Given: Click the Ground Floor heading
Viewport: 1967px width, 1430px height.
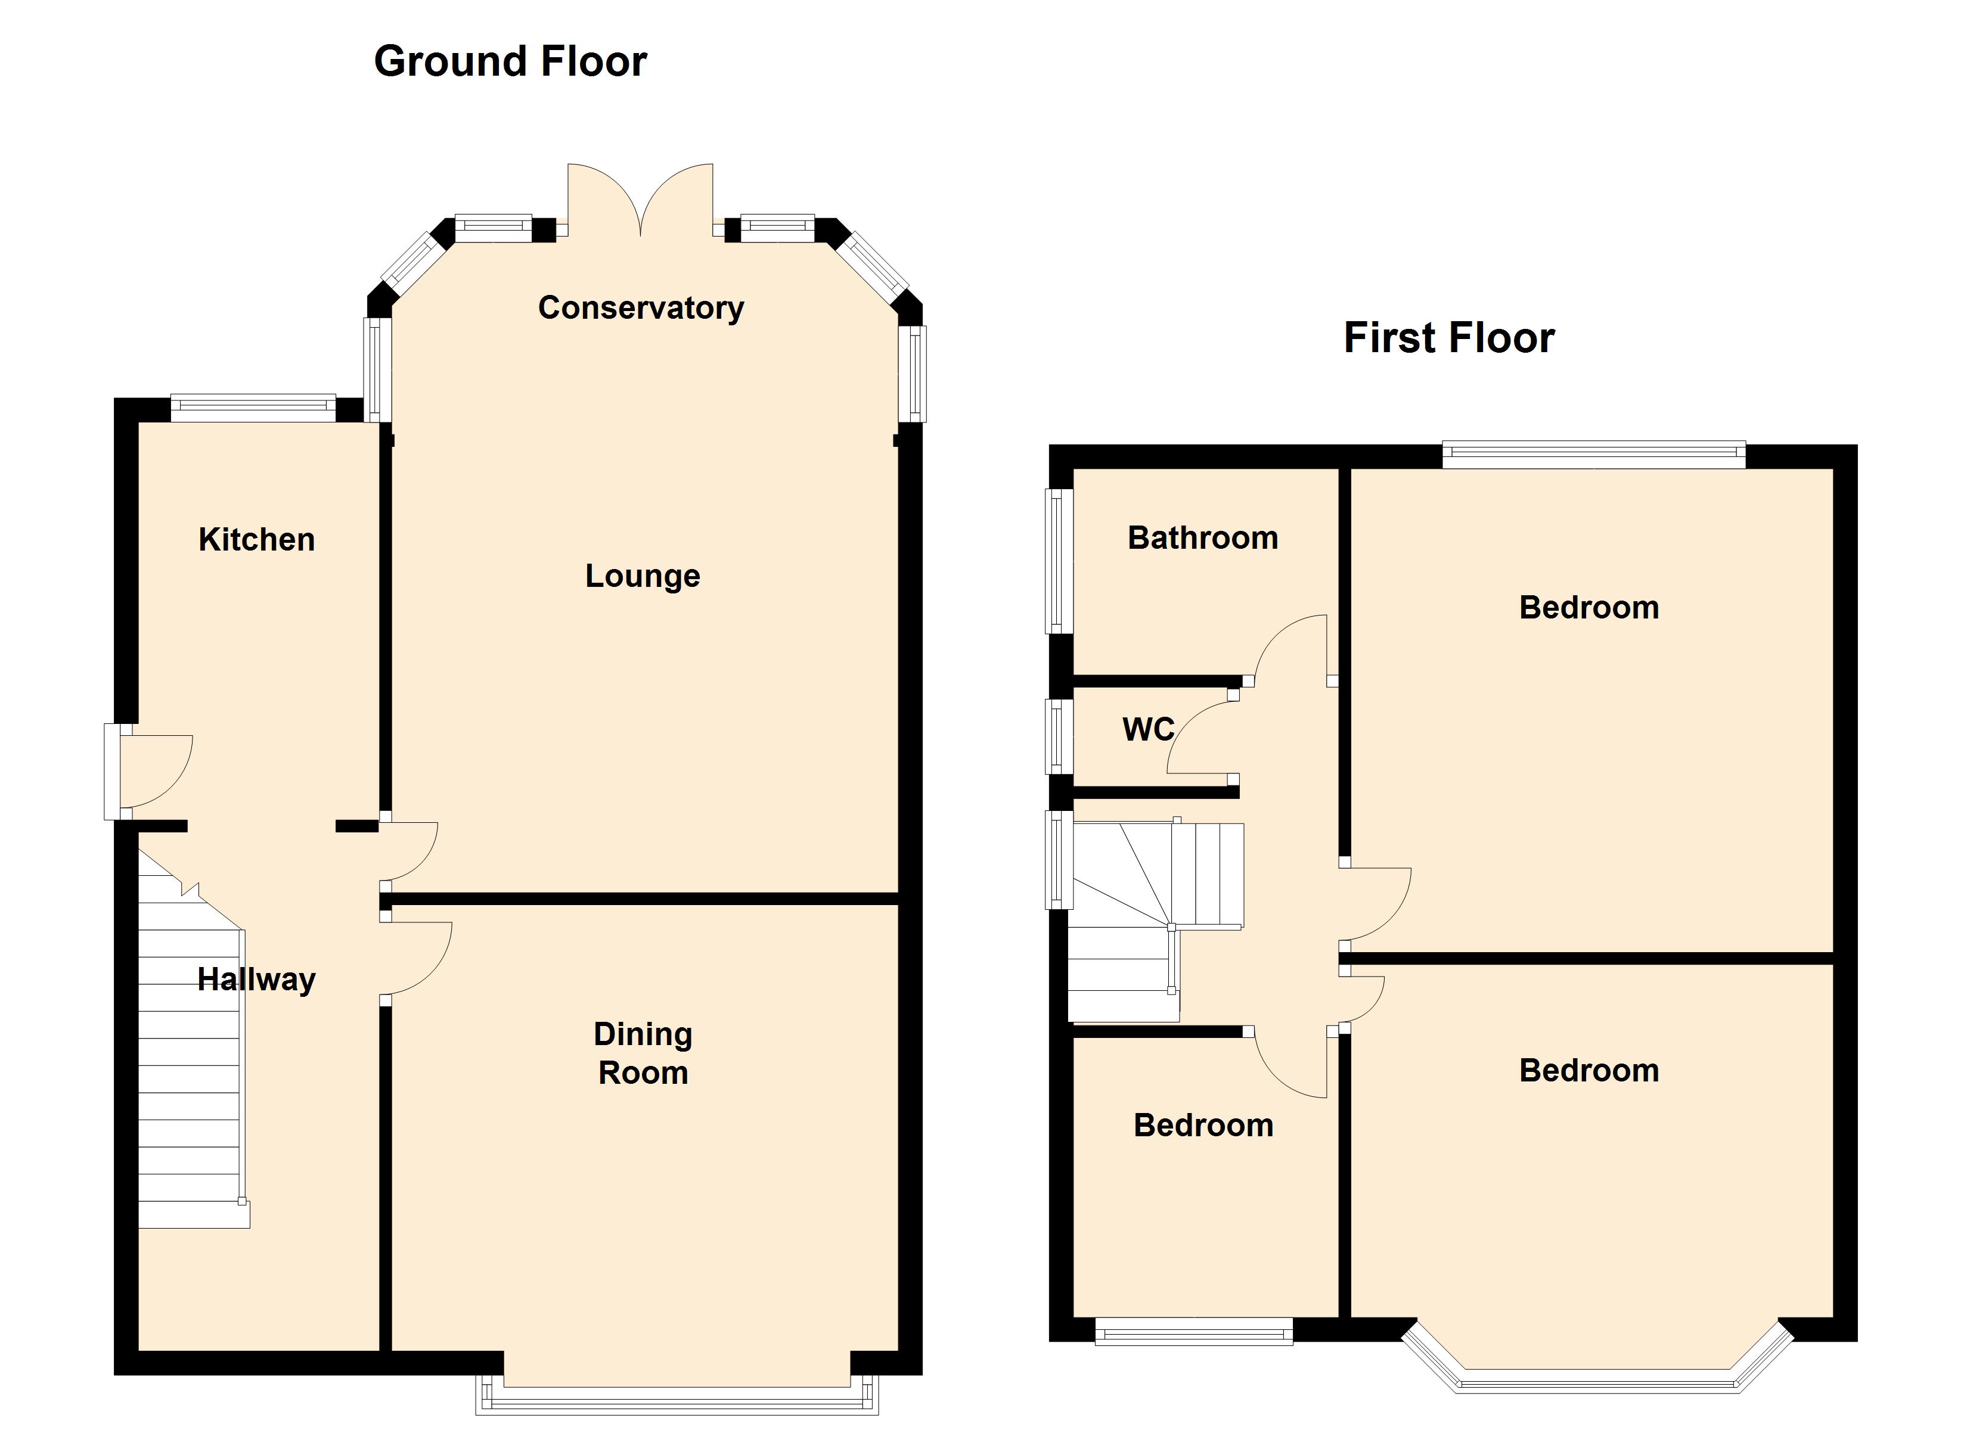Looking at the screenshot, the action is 510,61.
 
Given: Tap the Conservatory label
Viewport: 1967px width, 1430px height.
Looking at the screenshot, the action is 641,308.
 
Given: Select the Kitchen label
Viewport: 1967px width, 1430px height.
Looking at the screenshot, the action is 257,539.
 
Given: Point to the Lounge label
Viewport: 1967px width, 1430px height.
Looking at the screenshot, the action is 643,576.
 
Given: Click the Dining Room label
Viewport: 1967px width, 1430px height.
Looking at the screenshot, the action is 643,1053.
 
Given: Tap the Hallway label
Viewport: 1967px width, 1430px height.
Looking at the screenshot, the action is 257,980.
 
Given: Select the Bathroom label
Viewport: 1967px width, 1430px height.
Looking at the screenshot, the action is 1203,537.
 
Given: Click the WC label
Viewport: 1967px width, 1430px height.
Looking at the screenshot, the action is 1148,729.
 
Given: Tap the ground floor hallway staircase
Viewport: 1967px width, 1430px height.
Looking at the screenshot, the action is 193,1041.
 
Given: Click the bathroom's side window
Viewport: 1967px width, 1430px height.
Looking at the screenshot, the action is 1060,561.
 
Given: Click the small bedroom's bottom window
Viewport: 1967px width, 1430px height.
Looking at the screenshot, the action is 1195,1331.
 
